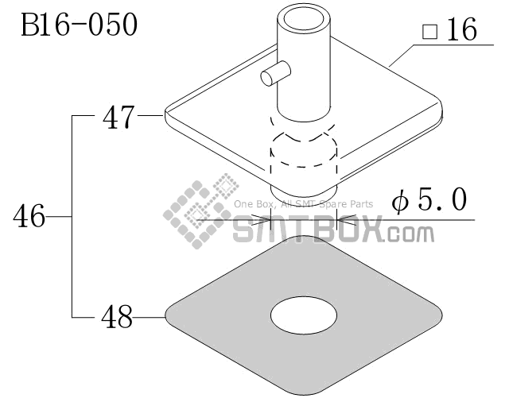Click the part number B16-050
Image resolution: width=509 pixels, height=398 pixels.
[80, 25]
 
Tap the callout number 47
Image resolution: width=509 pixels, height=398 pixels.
[119, 117]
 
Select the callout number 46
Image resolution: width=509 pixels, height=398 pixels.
[29, 216]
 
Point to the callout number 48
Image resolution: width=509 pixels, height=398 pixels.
[117, 317]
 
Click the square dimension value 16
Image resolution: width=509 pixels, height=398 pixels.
[462, 29]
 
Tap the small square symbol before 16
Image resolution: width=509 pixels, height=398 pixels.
[429, 32]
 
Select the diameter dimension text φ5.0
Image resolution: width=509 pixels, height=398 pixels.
[429, 200]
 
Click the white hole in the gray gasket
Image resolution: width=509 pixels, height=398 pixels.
[304, 315]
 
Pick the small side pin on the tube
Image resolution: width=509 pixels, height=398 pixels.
[274, 74]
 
